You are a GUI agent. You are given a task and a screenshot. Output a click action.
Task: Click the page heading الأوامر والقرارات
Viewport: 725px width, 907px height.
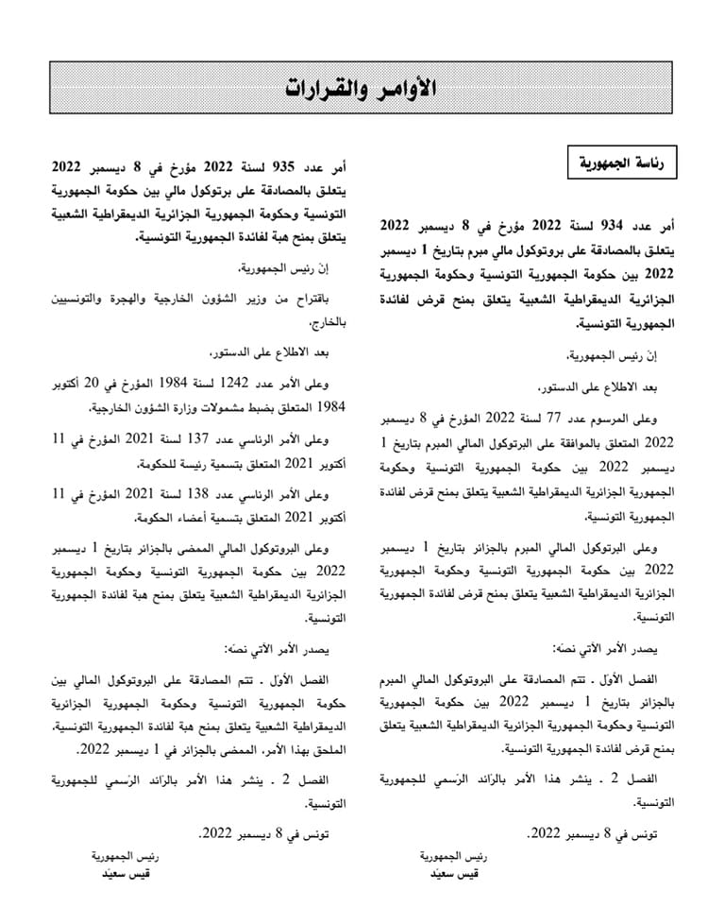(362, 88)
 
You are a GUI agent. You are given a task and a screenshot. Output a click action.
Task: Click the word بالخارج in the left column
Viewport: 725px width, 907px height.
(330, 321)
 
